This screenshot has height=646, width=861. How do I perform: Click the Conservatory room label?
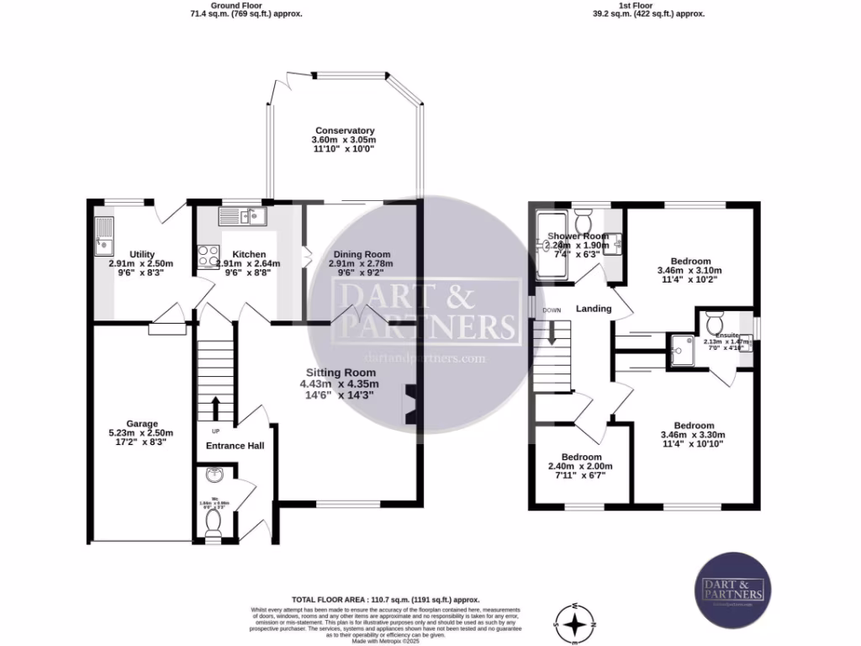coord(343,130)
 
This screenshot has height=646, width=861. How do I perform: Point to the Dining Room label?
coord(362,254)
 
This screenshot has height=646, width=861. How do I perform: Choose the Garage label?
coord(135,424)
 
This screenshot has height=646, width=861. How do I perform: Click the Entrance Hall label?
coord(235,446)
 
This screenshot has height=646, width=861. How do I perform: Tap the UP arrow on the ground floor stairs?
coord(214,408)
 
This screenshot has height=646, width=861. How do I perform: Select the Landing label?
coord(594,309)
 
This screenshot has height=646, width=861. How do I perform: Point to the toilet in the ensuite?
coord(715,322)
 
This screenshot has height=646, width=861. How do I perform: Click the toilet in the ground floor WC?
coord(213,523)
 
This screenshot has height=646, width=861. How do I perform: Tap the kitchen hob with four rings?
coord(208,257)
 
